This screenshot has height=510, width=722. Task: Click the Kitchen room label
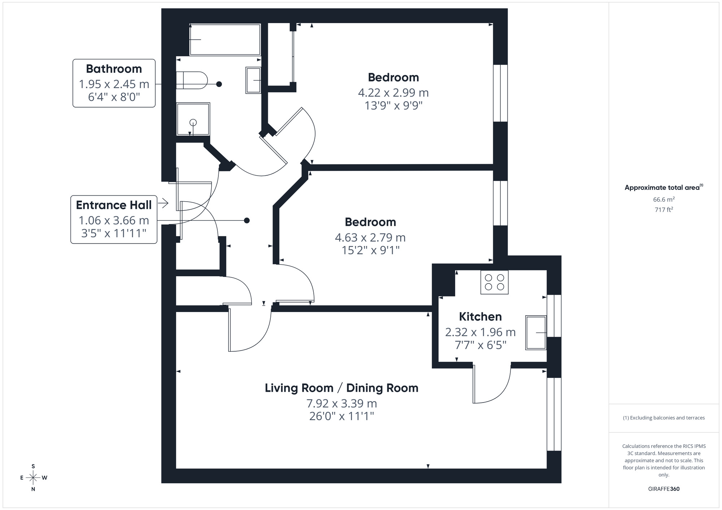480,317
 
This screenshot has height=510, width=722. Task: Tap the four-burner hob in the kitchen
494,282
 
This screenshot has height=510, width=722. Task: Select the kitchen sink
536,333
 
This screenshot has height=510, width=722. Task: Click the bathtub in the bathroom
225,40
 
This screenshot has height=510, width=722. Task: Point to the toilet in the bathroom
192,80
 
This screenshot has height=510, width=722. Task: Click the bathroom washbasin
253,80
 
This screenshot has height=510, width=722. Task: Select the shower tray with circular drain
193,119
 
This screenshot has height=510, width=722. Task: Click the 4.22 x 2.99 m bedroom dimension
393,93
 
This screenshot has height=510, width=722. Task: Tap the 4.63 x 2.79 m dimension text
370,238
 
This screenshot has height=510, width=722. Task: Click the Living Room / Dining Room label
342,388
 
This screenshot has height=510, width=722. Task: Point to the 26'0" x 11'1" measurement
342,416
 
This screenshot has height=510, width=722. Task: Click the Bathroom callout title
114,69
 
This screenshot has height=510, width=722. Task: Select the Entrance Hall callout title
114,205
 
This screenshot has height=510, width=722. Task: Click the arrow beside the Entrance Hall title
163,203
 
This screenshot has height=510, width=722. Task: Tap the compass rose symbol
33,478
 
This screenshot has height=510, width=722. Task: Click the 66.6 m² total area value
664,199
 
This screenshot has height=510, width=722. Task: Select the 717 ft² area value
664,210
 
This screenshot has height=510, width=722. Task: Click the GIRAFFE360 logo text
664,489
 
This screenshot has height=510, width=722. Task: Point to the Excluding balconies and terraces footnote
664,418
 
